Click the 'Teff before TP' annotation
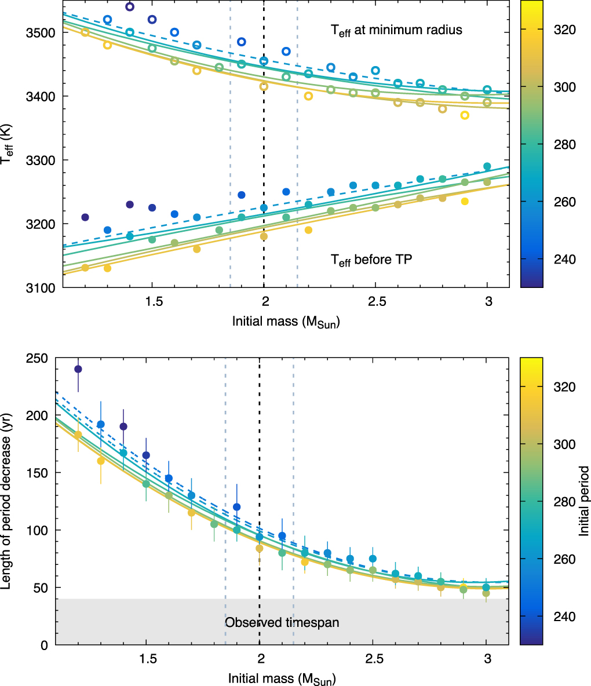coord(371,260)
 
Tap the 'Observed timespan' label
coord(282,623)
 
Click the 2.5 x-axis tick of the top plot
coord(377,302)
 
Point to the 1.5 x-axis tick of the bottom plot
coord(148,661)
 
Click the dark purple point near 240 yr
coord(78,369)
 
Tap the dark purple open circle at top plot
coord(130,7)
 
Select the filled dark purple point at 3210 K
coord(85,217)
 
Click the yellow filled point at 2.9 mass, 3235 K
coord(465,201)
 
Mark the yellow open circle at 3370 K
coord(465,115)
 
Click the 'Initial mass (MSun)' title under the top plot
coord(286,322)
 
